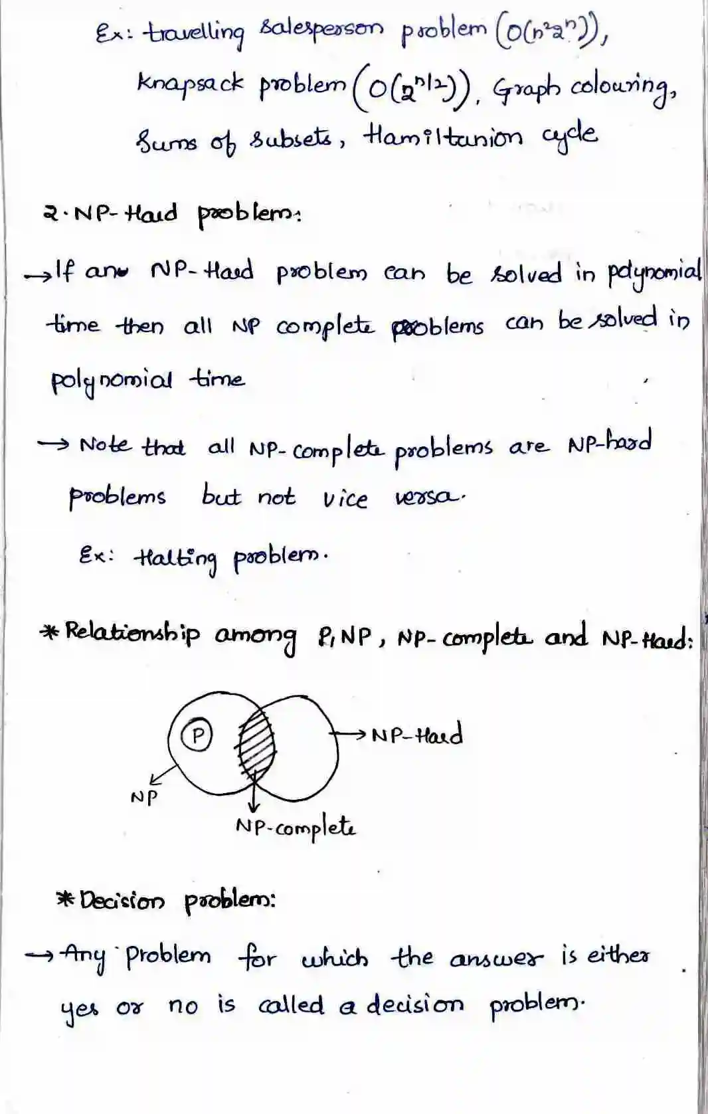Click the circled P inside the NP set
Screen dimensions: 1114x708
coord(197,736)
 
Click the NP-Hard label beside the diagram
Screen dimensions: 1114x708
coord(417,735)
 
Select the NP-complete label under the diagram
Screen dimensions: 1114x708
coord(296,828)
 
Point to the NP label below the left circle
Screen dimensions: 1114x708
coord(144,796)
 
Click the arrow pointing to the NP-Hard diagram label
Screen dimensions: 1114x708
coord(348,733)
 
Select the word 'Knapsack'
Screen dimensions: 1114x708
coord(190,83)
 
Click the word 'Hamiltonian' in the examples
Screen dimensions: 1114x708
coord(442,136)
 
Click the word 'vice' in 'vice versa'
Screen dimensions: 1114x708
coord(345,498)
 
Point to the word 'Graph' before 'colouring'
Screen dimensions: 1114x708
coord(527,86)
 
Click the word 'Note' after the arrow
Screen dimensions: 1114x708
coord(105,444)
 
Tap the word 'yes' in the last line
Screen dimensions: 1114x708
coord(79,1008)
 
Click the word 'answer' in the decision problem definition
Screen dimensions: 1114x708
coord(497,959)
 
